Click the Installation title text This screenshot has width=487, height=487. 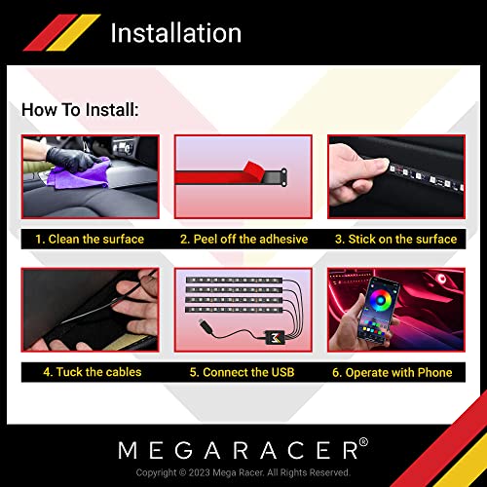[x=175, y=32]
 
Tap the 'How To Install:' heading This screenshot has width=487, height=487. [x=80, y=110]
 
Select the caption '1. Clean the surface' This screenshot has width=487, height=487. [x=89, y=240]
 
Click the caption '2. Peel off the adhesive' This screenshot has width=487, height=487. [x=243, y=240]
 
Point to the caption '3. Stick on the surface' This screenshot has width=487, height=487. [x=395, y=240]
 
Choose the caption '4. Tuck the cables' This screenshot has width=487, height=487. [x=92, y=372]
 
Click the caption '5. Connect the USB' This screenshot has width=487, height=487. [x=243, y=372]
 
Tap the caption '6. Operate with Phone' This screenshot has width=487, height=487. [x=395, y=372]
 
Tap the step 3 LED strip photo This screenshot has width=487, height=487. [x=395, y=180]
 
